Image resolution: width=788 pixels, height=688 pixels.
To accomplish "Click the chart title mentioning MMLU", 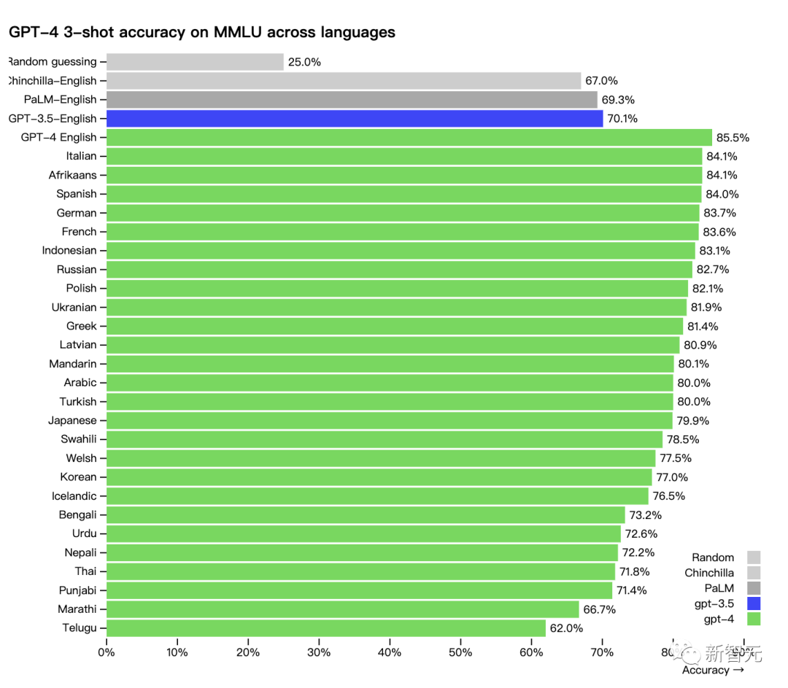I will (x=202, y=32).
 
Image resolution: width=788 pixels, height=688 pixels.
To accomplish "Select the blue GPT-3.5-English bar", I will (x=355, y=118).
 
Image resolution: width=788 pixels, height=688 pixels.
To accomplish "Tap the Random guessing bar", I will (x=195, y=62).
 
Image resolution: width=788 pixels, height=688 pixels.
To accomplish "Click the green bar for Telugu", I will (x=325, y=628).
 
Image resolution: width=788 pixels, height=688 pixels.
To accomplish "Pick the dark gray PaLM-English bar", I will (x=352, y=100).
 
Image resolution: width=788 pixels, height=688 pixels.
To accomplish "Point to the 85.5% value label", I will (x=733, y=138).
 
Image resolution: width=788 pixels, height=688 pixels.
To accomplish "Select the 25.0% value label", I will (x=304, y=62).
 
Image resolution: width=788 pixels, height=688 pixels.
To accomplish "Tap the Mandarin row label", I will (x=72, y=364).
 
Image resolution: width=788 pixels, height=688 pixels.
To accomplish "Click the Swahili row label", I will (x=78, y=439).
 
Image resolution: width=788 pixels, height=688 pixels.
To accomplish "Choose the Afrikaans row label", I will (x=72, y=175).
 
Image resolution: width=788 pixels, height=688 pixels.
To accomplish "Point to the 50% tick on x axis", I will (x=460, y=652).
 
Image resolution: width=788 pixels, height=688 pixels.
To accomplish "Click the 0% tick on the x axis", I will (x=107, y=652).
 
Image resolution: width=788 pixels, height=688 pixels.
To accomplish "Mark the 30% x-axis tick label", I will (x=319, y=652).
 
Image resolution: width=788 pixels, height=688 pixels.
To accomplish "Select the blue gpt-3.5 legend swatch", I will (x=754, y=603).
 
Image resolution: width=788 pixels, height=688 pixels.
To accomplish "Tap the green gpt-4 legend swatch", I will (x=754, y=619).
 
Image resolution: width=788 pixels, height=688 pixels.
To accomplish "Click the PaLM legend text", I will (x=719, y=588).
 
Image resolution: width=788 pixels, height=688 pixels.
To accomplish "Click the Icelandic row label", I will (x=74, y=496).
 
